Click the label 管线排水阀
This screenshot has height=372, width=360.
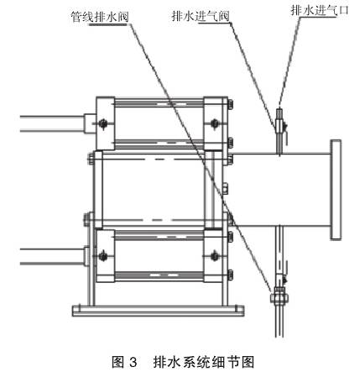coord(100,17)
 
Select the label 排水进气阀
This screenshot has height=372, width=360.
coord(201,16)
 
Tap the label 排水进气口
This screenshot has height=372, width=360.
coord(320,11)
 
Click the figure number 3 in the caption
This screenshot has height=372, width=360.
coord(133,362)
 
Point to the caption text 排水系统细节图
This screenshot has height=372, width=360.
coord(204,362)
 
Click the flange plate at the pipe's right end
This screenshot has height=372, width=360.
coord(336,190)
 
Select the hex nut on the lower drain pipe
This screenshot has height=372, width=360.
coord(279,298)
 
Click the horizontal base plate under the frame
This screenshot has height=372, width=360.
coord(158,311)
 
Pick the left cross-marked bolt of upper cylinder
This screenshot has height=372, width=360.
coord(103,123)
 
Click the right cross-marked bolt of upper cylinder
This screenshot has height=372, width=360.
coord(215,123)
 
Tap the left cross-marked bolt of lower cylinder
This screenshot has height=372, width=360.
coord(103,256)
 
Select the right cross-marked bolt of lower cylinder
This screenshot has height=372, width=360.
coord(215,256)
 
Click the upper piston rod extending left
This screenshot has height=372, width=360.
coord(52,123)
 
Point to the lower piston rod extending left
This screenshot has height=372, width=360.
coord(52,256)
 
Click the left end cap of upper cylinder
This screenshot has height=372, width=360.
coord(106,123)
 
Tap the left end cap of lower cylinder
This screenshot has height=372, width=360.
coord(106,256)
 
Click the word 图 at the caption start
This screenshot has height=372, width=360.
coord(117,362)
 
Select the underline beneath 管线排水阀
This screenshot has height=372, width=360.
coord(108,24)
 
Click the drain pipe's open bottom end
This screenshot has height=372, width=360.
coord(279,336)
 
